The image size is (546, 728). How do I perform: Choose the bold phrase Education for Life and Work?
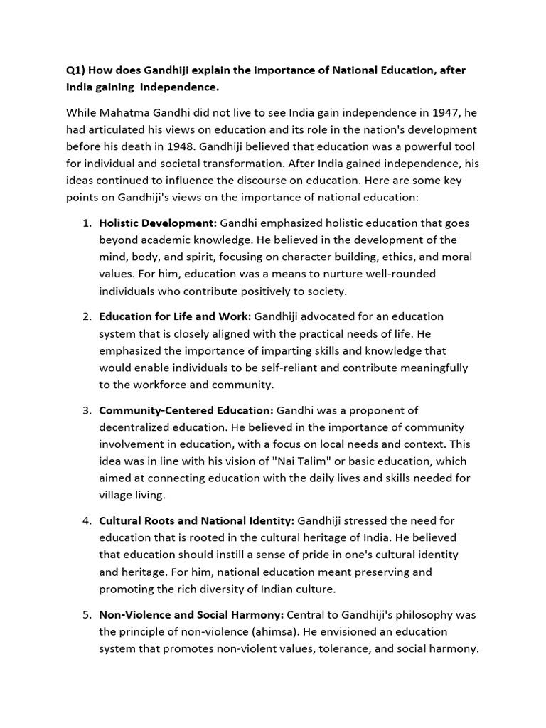(x=175, y=316)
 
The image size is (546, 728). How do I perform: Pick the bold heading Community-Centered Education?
(x=186, y=410)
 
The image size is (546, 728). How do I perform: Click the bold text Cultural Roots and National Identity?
(x=197, y=521)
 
